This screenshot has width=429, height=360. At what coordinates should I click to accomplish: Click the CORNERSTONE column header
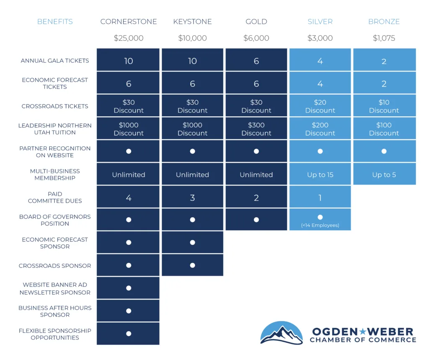pos(128,22)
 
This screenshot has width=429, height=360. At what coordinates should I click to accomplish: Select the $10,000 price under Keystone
pos(192,38)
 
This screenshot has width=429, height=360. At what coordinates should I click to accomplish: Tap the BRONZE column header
pos(384,22)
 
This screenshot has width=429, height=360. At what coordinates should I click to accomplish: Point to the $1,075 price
pos(384,38)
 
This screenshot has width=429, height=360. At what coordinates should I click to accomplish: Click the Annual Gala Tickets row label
pos(55,61)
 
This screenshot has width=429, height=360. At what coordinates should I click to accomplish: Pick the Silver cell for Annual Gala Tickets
pos(320,61)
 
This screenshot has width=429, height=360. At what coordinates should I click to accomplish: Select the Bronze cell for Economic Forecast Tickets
pos(384,84)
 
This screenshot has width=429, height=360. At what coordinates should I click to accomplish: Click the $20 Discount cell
pos(320,106)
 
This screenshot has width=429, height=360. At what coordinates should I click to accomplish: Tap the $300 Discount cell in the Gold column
pos(256,129)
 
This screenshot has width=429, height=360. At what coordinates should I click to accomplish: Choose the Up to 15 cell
pos(320,175)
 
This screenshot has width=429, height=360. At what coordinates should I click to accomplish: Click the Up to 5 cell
pos(384,175)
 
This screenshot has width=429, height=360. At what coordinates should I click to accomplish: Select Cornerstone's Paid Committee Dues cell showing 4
pos(128,198)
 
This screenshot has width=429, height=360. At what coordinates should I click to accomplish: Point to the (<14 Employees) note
pos(320,225)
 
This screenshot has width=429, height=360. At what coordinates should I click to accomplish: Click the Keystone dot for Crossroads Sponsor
pos(192,265)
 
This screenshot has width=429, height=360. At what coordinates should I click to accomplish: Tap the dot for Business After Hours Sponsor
pos(129,311)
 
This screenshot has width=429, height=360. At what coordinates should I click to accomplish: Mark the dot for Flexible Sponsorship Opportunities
pos(129,334)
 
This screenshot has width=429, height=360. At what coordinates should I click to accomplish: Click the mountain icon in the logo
pos(282,334)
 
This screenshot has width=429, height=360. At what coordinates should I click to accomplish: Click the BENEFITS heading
pos(55,22)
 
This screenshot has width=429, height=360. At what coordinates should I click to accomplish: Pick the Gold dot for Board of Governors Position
pos(256,220)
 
